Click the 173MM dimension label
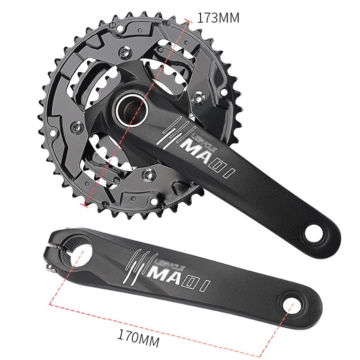tap(218, 18)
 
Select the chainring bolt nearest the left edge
tap(78, 127)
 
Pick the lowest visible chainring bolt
tap(148, 172)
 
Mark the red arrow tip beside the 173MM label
tap(188, 20)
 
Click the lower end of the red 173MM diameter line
tap(85, 205)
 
